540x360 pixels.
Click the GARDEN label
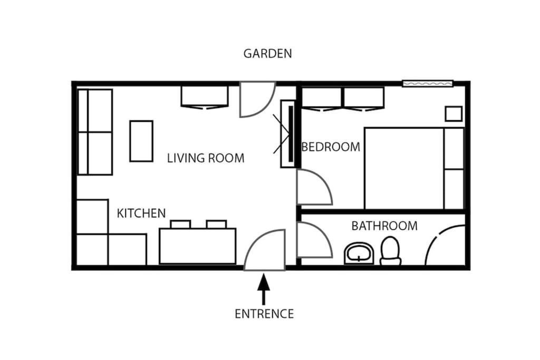[x=267, y=53]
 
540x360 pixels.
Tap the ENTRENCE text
[x=264, y=314]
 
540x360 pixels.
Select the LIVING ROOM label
[x=206, y=158]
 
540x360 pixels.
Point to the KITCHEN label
[x=141, y=213]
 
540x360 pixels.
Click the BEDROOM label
[x=331, y=147]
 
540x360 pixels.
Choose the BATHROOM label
[x=384, y=226]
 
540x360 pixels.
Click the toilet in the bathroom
[x=390, y=251]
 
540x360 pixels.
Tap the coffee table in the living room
[x=141, y=141]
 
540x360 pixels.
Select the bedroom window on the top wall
[x=428, y=83]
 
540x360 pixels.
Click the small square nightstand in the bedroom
[x=454, y=114]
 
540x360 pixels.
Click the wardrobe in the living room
[x=205, y=96]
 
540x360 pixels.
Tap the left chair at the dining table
[x=180, y=224]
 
